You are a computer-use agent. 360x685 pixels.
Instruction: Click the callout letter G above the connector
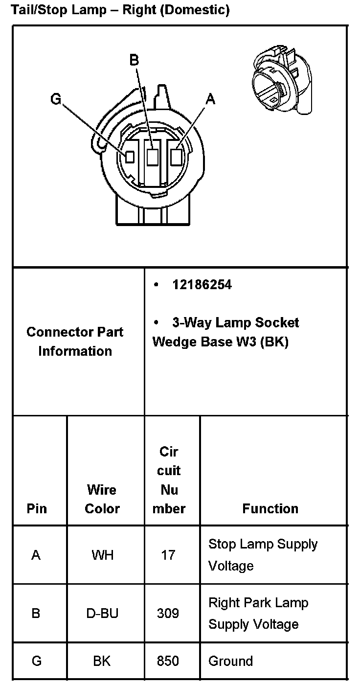pos(56,99)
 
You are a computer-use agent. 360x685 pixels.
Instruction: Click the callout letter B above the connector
pos(134,60)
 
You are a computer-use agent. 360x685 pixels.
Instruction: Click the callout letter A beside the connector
pos(210,99)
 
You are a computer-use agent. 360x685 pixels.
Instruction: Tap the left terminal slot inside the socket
pos(130,157)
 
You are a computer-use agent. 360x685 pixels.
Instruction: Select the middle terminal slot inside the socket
pos(153,157)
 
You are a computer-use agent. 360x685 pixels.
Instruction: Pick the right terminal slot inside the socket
pos(176,157)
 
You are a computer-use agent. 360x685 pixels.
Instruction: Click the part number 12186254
pos(202,285)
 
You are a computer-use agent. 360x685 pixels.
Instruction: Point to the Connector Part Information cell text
pos(75,342)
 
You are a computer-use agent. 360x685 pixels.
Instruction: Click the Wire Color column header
pos(102,499)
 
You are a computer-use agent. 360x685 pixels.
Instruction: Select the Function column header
pos(270,509)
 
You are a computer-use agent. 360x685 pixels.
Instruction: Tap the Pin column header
pos(37,509)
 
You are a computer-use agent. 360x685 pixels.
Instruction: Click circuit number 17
pos(168,555)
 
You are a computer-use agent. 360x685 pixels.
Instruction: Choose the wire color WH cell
pos(102,555)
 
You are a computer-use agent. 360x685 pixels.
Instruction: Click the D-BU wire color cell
pos(102,613)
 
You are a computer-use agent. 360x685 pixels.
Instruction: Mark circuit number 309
pos(168,613)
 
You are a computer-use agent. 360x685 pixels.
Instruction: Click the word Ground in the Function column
pos(230,662)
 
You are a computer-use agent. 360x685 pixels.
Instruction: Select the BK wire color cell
pos(102,662)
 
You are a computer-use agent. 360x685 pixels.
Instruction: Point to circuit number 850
pos(168,662)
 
